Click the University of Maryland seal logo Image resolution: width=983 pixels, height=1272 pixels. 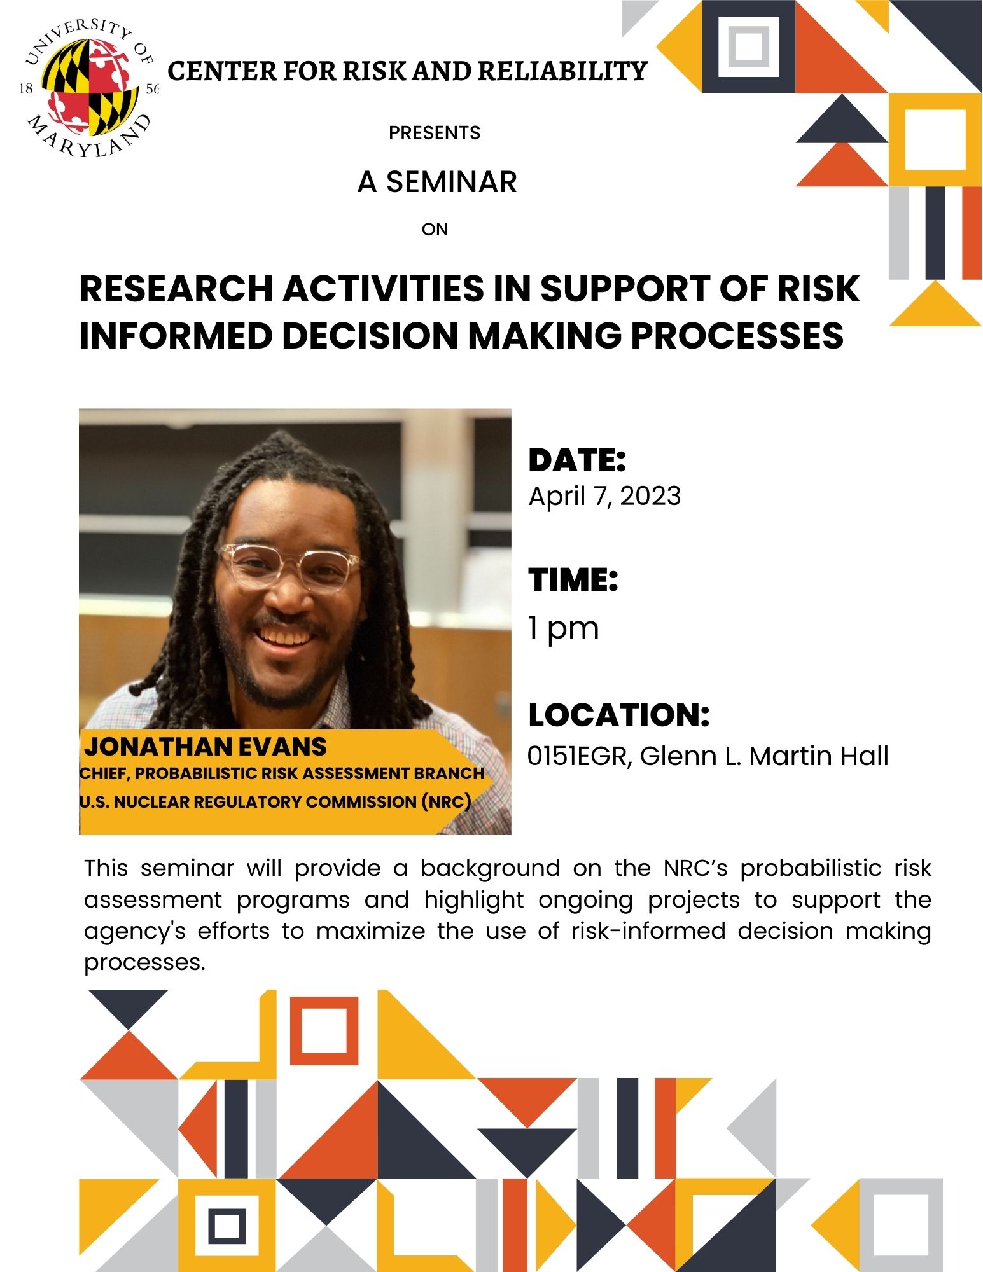pyautogui.click(x=88, y=88)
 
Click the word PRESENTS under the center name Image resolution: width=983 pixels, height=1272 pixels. pyautogui.click(x=435, y=133)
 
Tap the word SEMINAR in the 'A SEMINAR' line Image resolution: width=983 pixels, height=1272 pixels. pyautogui.click(x=452, y=182)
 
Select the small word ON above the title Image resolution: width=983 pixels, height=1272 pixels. pyautogui.click(x=435, y=229)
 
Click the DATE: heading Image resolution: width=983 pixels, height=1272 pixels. pyautogui.click(x=577, y=460)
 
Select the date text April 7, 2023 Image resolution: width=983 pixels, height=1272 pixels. pyautogui.click(x=604, y=496)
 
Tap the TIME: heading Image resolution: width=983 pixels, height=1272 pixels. pyautogui.click(x=573, y=579)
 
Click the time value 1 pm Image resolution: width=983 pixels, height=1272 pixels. pyautogui.click(x=564, y=628)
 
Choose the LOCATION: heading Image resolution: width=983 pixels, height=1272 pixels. pyautogui.click(x=618, y=715)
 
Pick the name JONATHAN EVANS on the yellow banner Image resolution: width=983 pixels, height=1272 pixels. pyautogui.click(x=206, y=746)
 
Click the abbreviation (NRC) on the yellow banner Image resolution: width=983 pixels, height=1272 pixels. pyautogui.click(x=446, y=801)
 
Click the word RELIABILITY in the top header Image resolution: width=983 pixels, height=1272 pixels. pyautogui.click(x=562, y=71)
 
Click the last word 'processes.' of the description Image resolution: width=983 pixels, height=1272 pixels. pyautogui.click(x=145, y=964)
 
